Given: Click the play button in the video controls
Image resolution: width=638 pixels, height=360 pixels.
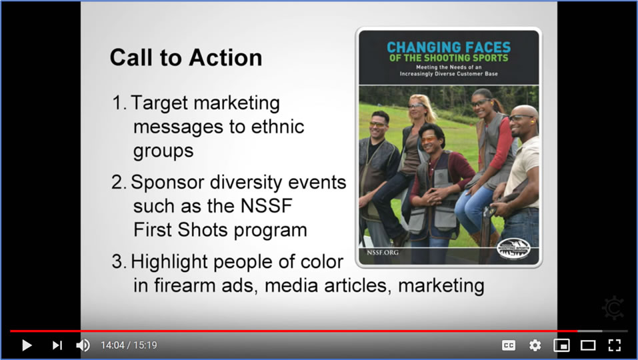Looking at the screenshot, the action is coord(27,345).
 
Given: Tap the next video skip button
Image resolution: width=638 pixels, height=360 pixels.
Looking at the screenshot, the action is coord(57,345).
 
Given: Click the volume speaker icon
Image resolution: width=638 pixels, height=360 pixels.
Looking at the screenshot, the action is coord(83,345).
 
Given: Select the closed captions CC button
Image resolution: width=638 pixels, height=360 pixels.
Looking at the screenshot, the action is coord(509,345).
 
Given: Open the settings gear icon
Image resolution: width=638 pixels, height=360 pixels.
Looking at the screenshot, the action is coord(535,345).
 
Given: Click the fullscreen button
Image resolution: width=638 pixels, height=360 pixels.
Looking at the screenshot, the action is coord(615,345).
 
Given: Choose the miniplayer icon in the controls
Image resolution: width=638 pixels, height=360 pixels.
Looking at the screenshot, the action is coord(561,345).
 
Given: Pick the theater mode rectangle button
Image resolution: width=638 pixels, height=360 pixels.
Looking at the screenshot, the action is coord(588,345).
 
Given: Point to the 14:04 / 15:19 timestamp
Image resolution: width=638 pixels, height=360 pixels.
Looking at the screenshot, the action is coord(129,345).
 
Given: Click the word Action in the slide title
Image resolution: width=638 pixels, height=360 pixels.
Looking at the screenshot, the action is coord(225,57).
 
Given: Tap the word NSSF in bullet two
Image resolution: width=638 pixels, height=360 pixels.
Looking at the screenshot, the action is coord(267,206).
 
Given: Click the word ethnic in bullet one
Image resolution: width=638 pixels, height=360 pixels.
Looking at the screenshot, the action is coord(278,127).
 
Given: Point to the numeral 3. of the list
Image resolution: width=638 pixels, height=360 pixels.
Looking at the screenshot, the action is coord(119,261).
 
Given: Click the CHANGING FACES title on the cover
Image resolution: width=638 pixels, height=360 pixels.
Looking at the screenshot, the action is coord(449,47).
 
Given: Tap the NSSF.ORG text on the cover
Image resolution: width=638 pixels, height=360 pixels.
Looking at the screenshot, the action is coord(383,253).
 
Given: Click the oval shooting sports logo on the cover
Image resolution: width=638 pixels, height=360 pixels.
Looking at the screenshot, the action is coord(513,249).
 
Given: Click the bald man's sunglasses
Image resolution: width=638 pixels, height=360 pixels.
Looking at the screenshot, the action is coord(521,119).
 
